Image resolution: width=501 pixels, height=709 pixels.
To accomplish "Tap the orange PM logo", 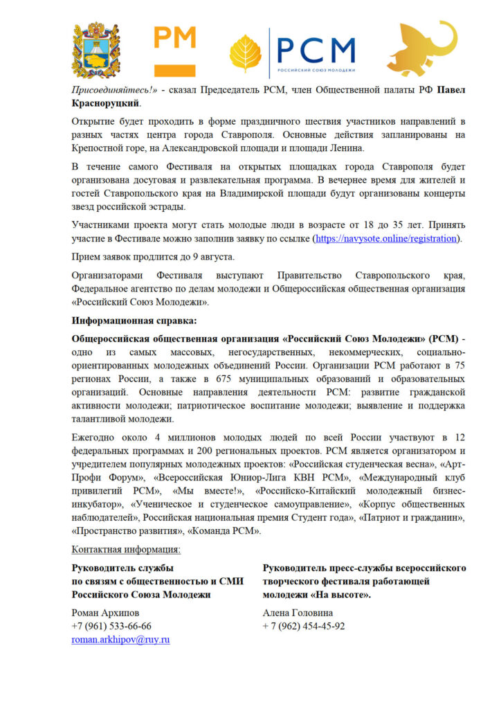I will tap(174, 51).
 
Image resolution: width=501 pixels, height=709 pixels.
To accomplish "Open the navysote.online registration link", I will tap(386, 238).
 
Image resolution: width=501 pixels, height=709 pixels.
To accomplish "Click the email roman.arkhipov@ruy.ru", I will tap(121, 640).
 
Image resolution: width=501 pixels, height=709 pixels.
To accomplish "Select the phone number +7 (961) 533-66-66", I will tap(111, 626).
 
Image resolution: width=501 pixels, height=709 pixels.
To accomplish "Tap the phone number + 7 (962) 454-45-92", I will tap(304, 626).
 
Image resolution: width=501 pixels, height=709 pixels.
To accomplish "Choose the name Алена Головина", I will tap(298, 613).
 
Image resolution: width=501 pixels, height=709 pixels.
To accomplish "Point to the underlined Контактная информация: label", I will tap(126, 550).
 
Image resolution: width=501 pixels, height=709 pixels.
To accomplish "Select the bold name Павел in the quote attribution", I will tap(447, 90).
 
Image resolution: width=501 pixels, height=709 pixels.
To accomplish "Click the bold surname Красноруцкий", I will tap(107, 103).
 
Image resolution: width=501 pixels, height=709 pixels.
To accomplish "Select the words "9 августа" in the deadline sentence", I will tap(205, 257).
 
